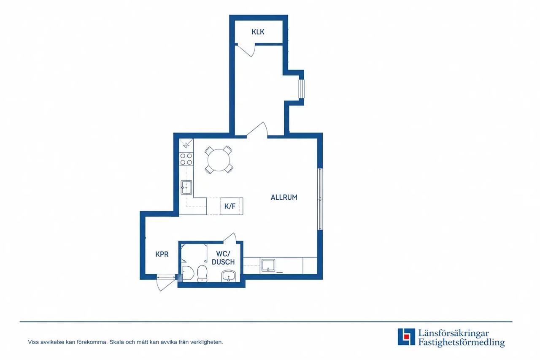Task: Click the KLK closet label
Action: click(258, 32)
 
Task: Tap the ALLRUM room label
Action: click(284, 197)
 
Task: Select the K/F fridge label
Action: click(230, 206)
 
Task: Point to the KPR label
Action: click(162, 254)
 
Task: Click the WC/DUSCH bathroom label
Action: click(223, 258)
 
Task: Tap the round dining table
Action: click(219, 160)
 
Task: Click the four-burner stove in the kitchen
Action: click(186, 159)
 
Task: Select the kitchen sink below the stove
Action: click(186, 187)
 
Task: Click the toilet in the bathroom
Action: click(202, 273)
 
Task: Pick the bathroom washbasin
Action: click(229, 276)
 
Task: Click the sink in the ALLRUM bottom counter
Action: click(268, 265)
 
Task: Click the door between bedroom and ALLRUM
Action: click(257, 130)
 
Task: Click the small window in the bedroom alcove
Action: click(302, 89)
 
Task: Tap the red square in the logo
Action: click(407, 336)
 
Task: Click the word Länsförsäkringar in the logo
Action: click(454, 333)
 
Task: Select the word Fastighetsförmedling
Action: click(461, 343)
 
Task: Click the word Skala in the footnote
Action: click(116, 342)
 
